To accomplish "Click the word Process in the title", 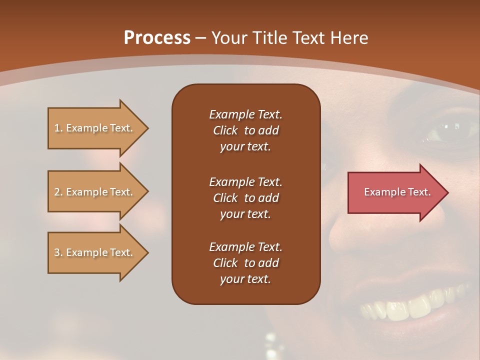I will (x=157, y=38).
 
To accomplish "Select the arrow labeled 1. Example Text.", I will (x=95, y=128).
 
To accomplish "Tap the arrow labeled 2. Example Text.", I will (x=95, y=192).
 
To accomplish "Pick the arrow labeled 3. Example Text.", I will (x=95, y=252).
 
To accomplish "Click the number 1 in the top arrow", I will (x=57, y=128).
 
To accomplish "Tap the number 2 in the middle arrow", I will (x=57, y=192).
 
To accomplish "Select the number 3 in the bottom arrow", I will (x=57, y=252).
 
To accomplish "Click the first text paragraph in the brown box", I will (x=245, y=130).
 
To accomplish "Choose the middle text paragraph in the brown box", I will (x=245, y=198).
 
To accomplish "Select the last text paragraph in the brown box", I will (x=245, y=263).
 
